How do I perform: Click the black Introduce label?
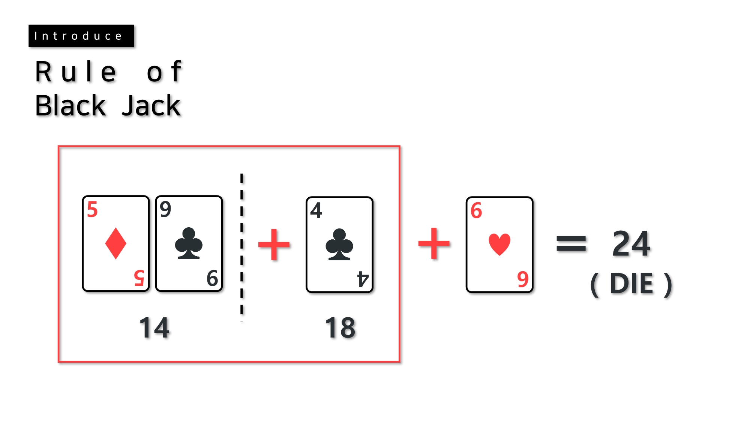81,36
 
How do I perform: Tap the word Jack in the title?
151,106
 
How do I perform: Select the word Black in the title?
70,106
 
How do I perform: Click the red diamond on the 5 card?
115,243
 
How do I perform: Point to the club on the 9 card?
189,243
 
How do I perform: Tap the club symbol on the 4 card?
339,245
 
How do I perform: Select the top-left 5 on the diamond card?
92,209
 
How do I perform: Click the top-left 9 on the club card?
165,209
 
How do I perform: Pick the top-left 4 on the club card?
316,210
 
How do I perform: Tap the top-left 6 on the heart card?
476,210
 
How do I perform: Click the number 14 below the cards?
154,327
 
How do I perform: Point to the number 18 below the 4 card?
340,327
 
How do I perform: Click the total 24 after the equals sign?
631,244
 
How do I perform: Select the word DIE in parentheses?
631,284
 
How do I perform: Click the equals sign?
571,243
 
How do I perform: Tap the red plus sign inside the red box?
274,245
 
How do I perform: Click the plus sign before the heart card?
434,243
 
